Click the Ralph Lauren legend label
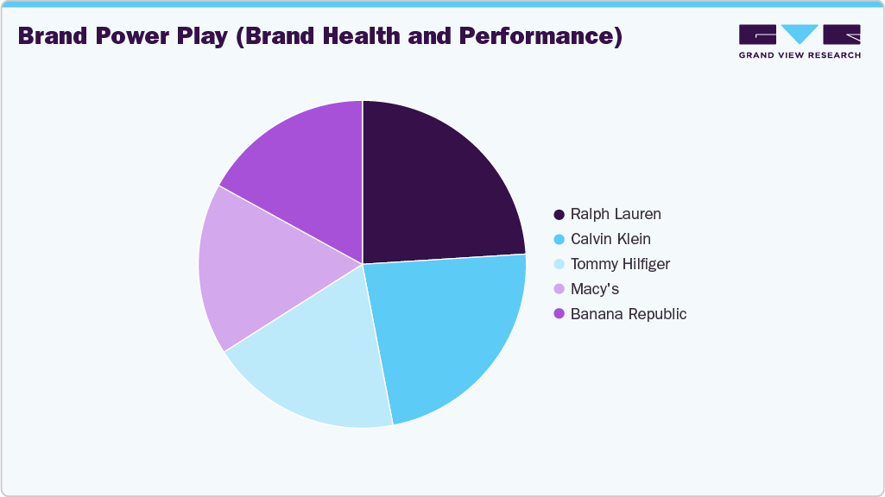[616, 214]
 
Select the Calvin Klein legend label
[610, 239]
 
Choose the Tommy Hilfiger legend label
[620, 264]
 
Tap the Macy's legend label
[595, 289]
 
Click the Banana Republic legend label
[629, 314]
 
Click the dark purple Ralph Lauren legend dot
[559, 214]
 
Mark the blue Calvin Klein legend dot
[559, 239]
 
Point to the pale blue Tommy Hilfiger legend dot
[559, 264]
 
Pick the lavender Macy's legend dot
[559, 289]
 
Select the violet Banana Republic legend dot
[559, 314]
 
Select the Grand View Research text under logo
[800, 55]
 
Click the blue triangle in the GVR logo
[800, 34]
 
